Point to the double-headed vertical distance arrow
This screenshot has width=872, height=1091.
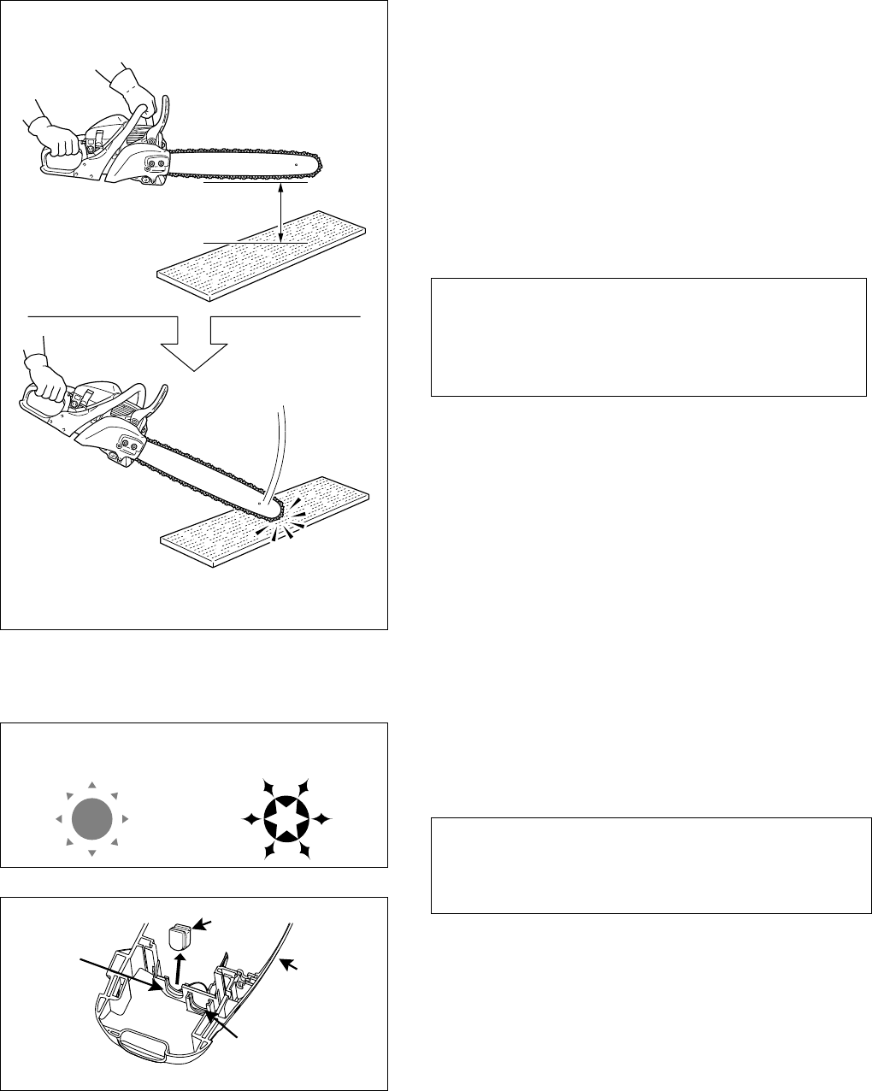pyautogui.click(x=281, y=213)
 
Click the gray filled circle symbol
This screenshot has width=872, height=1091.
pyautogui.click(x=92, y=820)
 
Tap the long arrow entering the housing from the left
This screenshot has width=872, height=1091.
pyautogui.click(x=120, y=975)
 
